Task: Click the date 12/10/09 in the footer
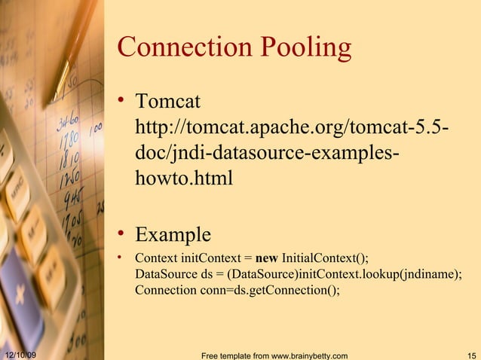pyautogui.click(x=22, y=354)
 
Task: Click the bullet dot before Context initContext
pyautogui.click(x=123, y=258)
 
